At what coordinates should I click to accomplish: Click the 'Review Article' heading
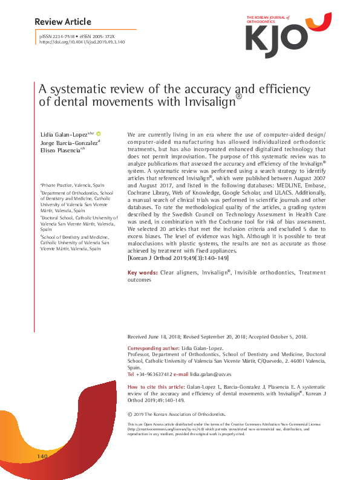[63, 22]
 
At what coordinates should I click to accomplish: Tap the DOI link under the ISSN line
[82, 43]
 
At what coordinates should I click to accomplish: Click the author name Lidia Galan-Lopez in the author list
[62, 133]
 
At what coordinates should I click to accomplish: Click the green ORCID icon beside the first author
[99, 133]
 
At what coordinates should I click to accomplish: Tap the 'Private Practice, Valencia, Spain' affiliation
[68, 184]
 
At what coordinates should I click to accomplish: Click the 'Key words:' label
[143, 273]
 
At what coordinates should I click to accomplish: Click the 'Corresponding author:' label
[154, 349]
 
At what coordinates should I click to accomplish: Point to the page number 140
[42, 455]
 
